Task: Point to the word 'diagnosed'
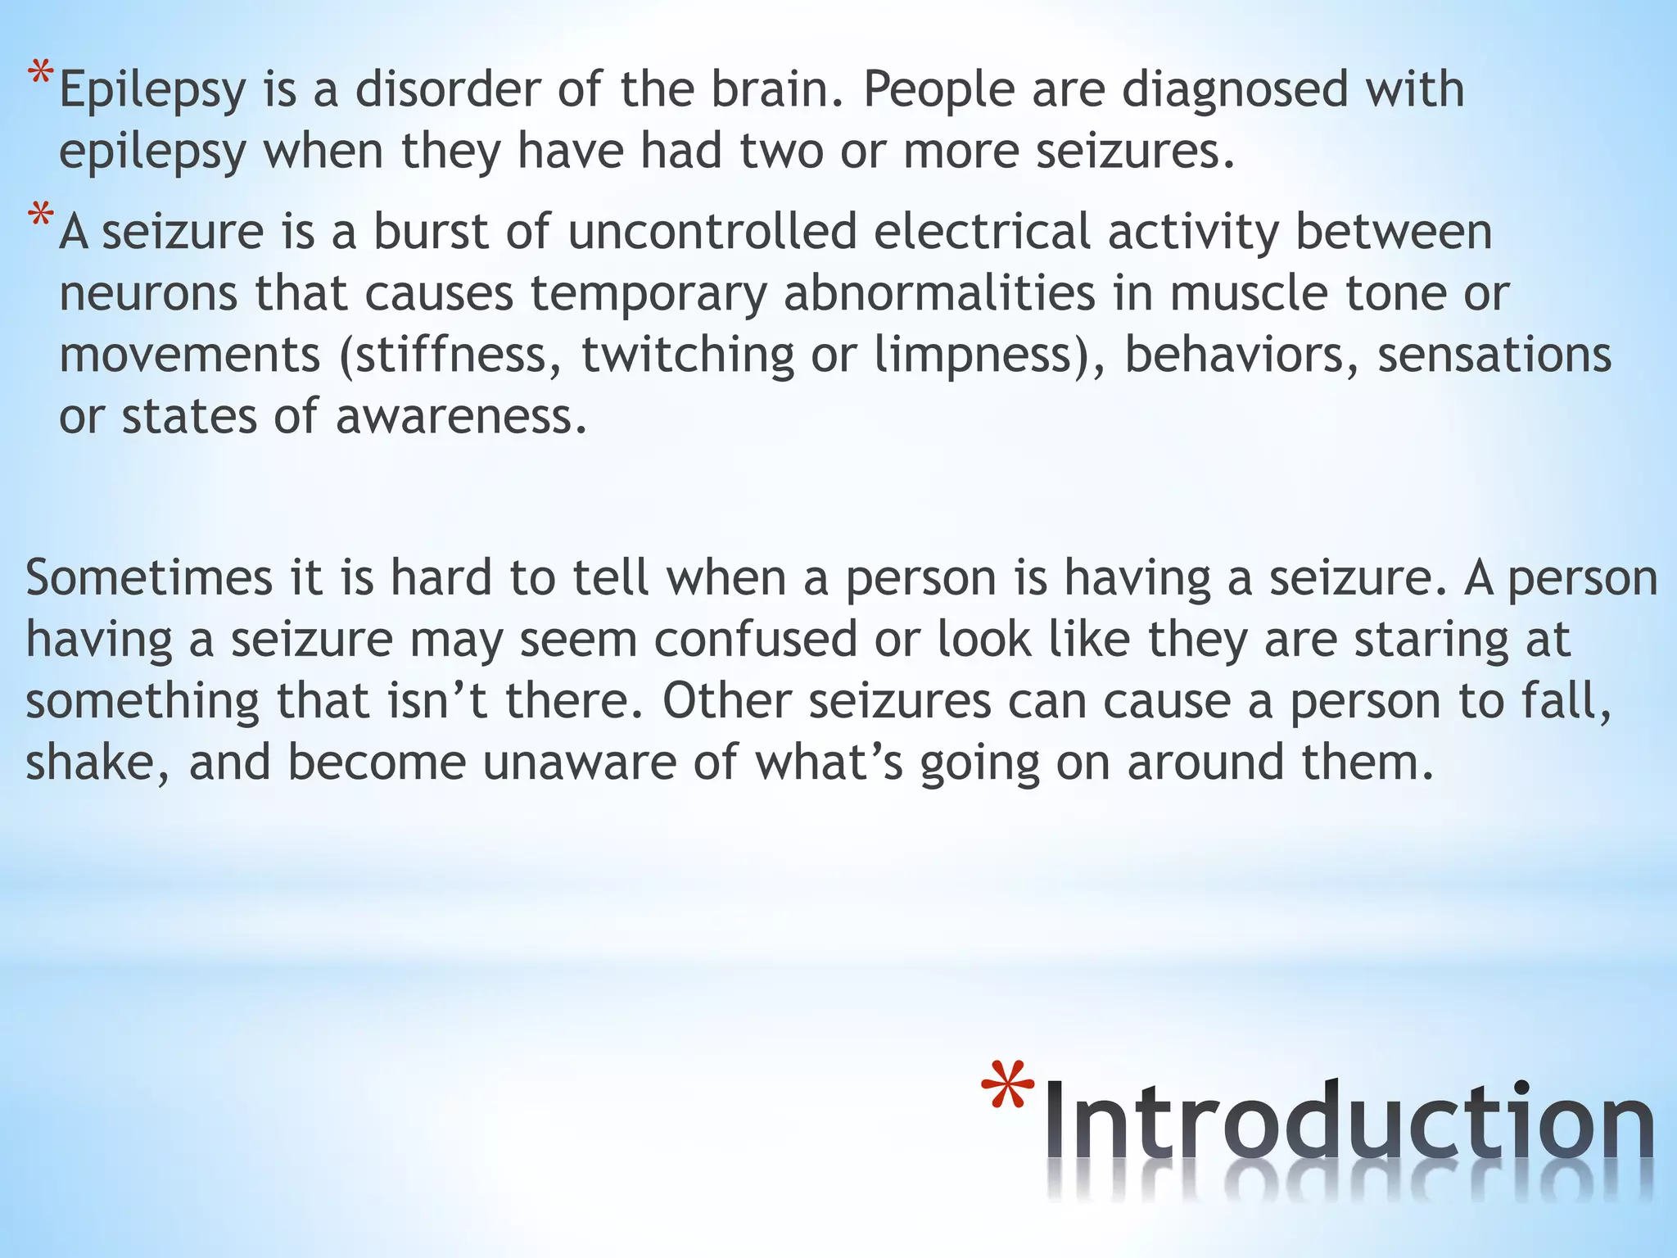[1234, 90]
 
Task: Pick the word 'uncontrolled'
[712, 232]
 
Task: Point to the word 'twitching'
[688, 356]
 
